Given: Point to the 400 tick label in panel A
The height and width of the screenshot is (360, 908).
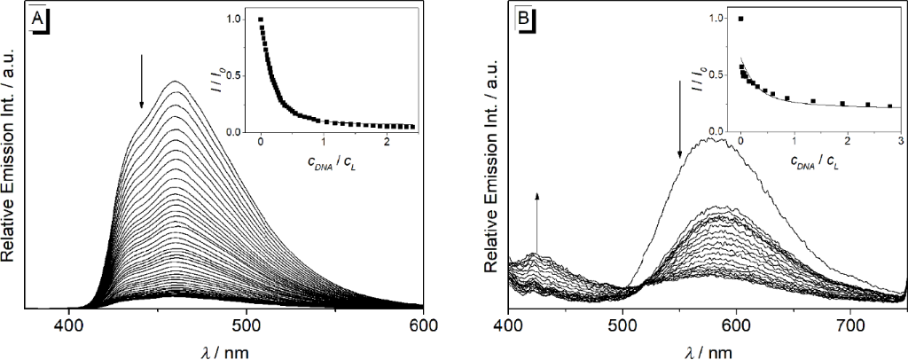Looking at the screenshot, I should click(x=69, y=325).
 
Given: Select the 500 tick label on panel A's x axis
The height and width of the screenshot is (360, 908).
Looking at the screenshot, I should click(x=246, y=325).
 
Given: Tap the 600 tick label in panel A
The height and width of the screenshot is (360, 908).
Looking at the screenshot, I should click(x=422, y=325).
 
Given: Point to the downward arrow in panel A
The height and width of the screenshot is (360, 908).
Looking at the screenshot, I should click(x=141, y=82).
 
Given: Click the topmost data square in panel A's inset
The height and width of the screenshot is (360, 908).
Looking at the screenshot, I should click(x=261, y=19).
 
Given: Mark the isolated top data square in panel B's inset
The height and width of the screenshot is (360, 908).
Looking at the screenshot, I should click(x=741, y=19).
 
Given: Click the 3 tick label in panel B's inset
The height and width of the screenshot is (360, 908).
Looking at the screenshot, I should click(x=900, y=142).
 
